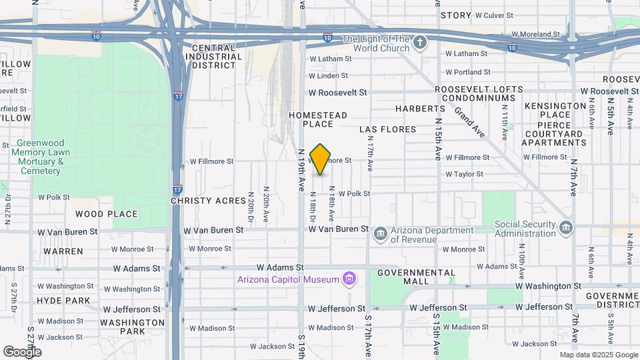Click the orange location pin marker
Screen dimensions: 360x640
click(x=320, y=159)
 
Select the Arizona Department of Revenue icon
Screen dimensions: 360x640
click(x=380, y=233)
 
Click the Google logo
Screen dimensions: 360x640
click(x=22, y=351)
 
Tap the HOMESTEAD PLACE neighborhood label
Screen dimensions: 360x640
click(x=318, y=120)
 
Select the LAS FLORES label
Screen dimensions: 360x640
click(x=387, y=129)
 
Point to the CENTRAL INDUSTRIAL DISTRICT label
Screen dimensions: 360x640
click(x=213, y=57)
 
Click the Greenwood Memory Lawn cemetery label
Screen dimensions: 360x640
click(x=41, y=157)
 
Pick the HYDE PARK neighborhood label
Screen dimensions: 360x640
click(x=64, y=301)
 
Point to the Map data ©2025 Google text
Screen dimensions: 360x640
click(x=599, y=355)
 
